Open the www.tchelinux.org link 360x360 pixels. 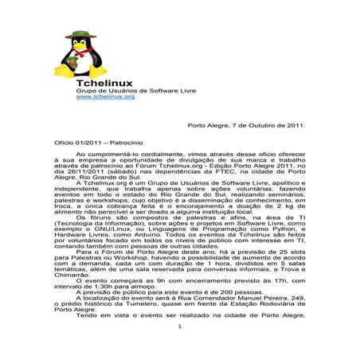click(x=99, y=96)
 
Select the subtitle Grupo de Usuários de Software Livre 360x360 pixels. click(x=120, y=89)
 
